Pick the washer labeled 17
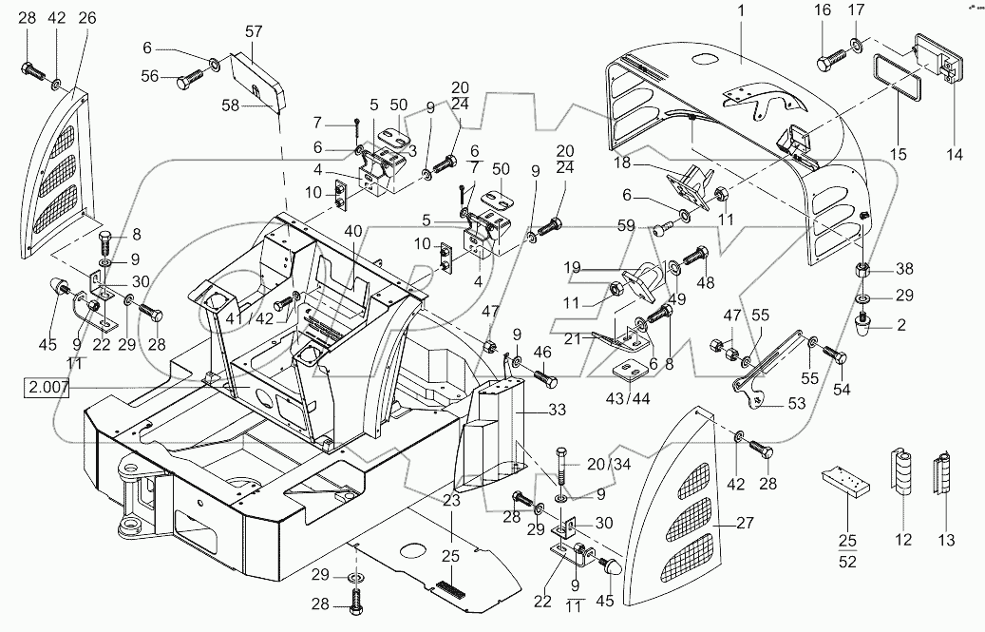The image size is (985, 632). tap(858, 45)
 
